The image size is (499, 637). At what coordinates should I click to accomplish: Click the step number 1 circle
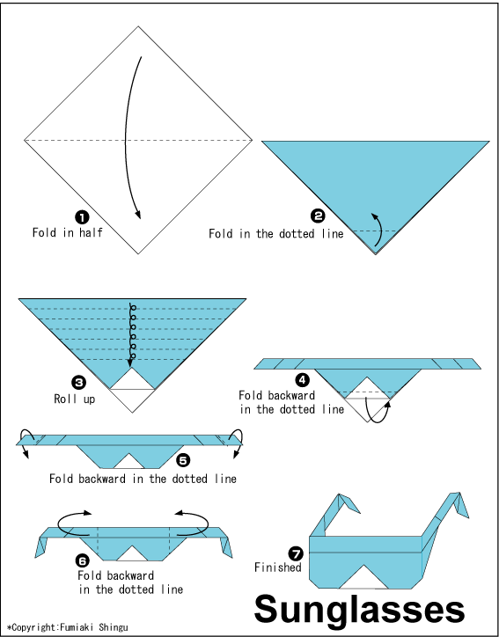coord(82,217)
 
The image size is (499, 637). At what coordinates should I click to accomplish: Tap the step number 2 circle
coord(318,216)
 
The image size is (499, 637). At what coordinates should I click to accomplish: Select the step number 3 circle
coord(78,383)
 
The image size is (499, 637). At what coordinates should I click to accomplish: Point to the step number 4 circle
coord(302,380)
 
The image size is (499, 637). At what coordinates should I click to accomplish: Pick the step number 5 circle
coord(183,460)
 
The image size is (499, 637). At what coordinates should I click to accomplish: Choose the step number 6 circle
coord(83,561)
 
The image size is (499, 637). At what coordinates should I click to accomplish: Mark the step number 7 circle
coord(296,553)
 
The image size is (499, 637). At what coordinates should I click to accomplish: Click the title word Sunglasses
coord(359,610)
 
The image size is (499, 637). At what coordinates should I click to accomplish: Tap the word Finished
coord(278,567)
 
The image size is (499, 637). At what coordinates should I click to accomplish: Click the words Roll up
coord(75,399)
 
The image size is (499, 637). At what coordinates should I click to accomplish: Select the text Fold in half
coord(68,232)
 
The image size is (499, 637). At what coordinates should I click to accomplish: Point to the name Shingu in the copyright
coord(114,627)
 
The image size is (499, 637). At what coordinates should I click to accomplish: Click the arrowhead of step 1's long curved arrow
coord(138,216)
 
